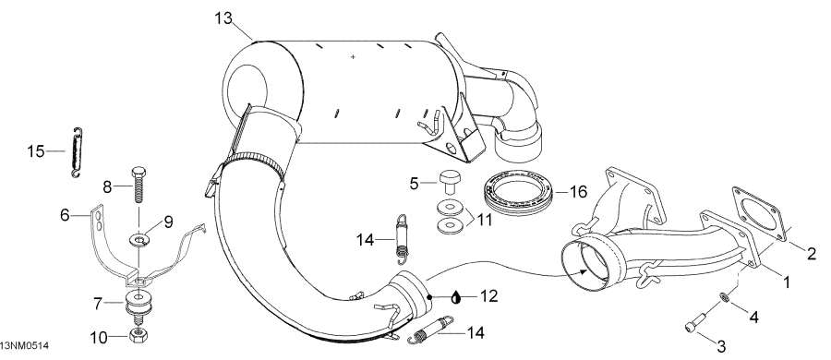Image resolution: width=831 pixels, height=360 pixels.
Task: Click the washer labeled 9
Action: (138, 239)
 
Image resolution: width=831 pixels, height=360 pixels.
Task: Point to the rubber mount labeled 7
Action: (139, 304)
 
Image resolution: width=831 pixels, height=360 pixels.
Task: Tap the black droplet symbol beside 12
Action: (457, 296)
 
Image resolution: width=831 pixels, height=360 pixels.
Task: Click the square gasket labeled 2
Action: (755, 210)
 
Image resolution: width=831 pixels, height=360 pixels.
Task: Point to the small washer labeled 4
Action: (726, 298)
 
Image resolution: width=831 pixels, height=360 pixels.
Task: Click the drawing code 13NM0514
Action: (24, 345)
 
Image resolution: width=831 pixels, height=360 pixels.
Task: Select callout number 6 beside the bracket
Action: (65, 215)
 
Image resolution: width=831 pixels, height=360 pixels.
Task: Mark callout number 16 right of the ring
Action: (578, 192)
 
